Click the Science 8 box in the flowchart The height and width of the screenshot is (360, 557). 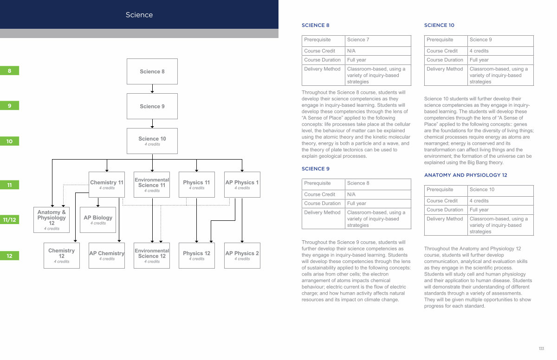(152, 71)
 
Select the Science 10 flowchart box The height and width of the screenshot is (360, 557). (152, 141)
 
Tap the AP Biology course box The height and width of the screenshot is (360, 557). (98, 220)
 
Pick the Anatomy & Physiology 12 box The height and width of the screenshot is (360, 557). (52, 220)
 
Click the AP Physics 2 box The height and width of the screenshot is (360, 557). (242, 256)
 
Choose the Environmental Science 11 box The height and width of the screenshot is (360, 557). (152, 185)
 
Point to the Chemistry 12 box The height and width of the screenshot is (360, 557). (62, 256)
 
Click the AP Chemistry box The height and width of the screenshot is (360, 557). (107, 256)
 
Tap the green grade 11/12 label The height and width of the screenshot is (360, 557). (9, 219)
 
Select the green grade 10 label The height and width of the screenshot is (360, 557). (9, 141)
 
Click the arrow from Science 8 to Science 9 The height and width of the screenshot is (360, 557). (152, 89)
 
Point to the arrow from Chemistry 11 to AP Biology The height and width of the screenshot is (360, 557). (98, 202)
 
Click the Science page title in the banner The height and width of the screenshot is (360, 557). (139, 15)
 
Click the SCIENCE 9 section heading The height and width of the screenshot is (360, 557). (316, 169)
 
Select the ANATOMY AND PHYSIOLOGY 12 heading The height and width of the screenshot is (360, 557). (466, 175)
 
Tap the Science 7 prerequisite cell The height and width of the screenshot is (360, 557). (378, 41)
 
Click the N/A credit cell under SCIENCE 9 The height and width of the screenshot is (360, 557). (378, 194)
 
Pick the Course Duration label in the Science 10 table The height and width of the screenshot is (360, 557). (445, 60)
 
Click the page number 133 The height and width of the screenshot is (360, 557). (541, 348)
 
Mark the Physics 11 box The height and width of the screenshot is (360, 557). (197, 185)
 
